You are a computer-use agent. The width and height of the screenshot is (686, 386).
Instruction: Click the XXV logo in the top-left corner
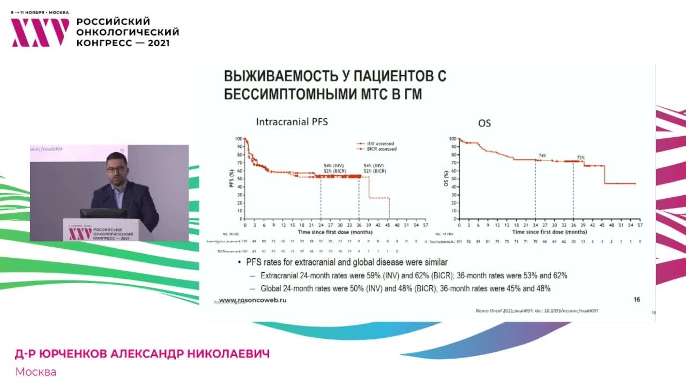click(40, 32)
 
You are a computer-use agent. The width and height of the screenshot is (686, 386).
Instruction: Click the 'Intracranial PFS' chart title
click(292, 122)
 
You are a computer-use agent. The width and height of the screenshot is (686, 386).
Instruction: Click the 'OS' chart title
click(484, 123)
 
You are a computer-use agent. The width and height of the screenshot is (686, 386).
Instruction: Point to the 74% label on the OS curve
click(542, 156)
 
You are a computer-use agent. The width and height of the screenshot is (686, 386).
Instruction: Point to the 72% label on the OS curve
click(580, 158)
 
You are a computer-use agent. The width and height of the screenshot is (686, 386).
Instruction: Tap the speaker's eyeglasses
click(115, 169)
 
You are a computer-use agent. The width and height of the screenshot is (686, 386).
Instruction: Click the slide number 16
click(637, 300)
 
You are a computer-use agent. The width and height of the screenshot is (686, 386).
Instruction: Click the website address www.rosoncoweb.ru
click(252, 300)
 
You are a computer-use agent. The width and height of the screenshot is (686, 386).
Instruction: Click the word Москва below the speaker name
click(35, 372)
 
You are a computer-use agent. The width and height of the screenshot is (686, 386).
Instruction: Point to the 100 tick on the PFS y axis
click(238, 139)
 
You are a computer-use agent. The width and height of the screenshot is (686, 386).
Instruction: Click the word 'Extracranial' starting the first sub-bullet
click(280, 276)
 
